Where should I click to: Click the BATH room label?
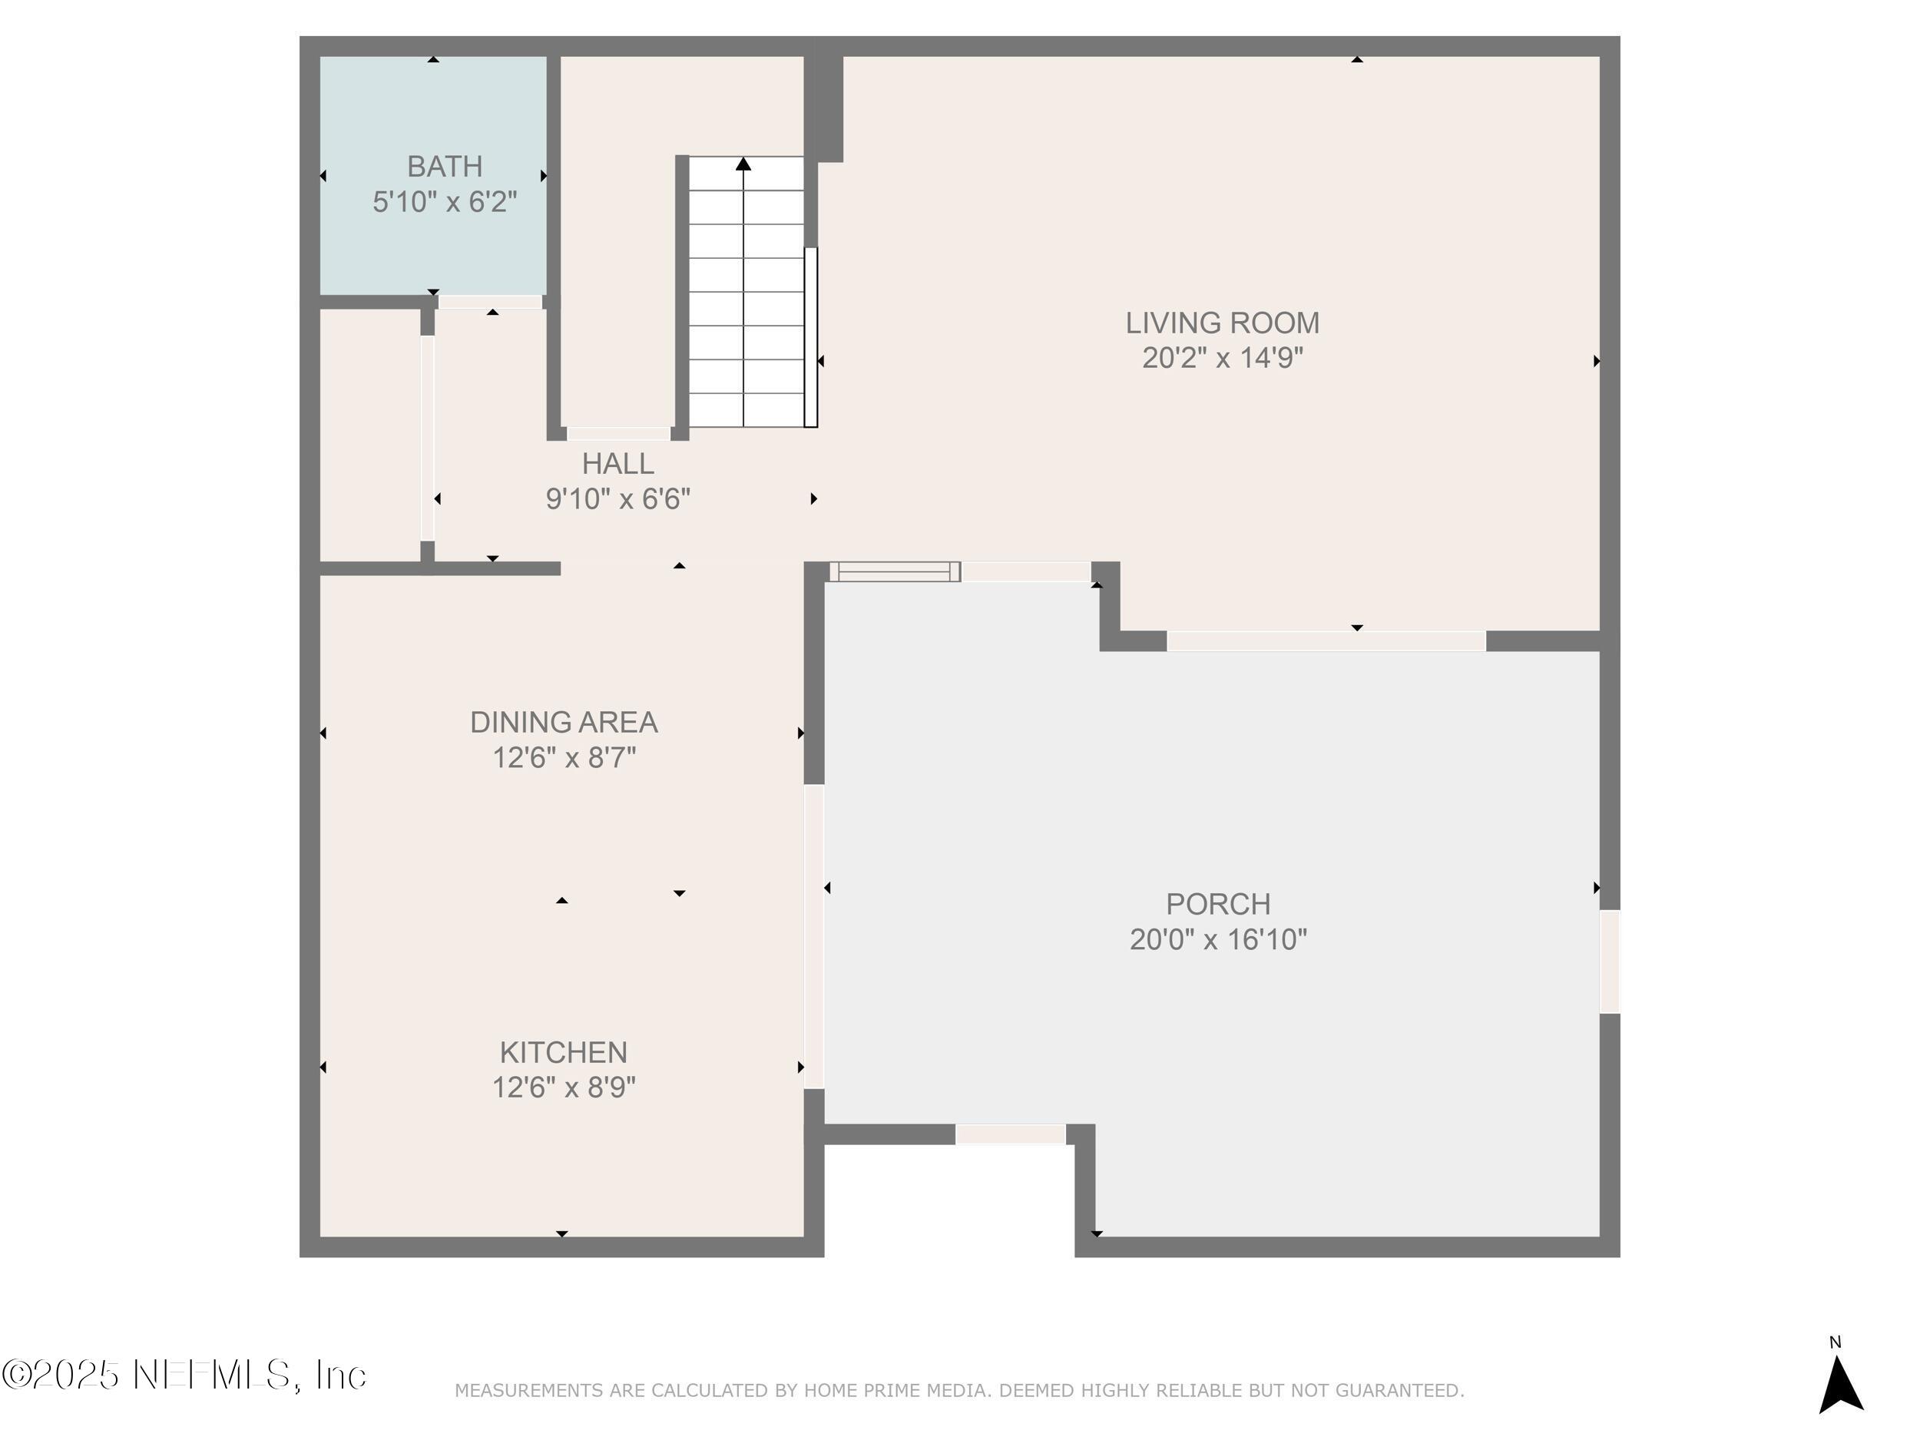[445, 166]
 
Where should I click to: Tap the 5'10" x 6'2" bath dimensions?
[445, 202]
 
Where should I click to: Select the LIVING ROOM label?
[1222, 323]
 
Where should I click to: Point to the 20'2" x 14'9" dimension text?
[1222, 358]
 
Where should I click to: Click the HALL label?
[618, 464]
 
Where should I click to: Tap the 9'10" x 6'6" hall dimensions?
[618, 499]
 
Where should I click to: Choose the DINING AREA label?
[563, 722]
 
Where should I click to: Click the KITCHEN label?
[563, 1052]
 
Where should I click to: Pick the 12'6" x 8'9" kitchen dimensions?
[563, 1087]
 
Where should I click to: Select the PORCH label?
[1218, 904]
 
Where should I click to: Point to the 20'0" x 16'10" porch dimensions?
[1218, 939]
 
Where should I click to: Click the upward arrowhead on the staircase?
[743, 163]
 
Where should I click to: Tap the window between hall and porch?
[895, 572]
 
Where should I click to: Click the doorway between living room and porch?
[1326, 641]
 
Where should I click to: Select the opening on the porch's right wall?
[1609, 961]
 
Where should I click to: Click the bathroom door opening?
[491, 301]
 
